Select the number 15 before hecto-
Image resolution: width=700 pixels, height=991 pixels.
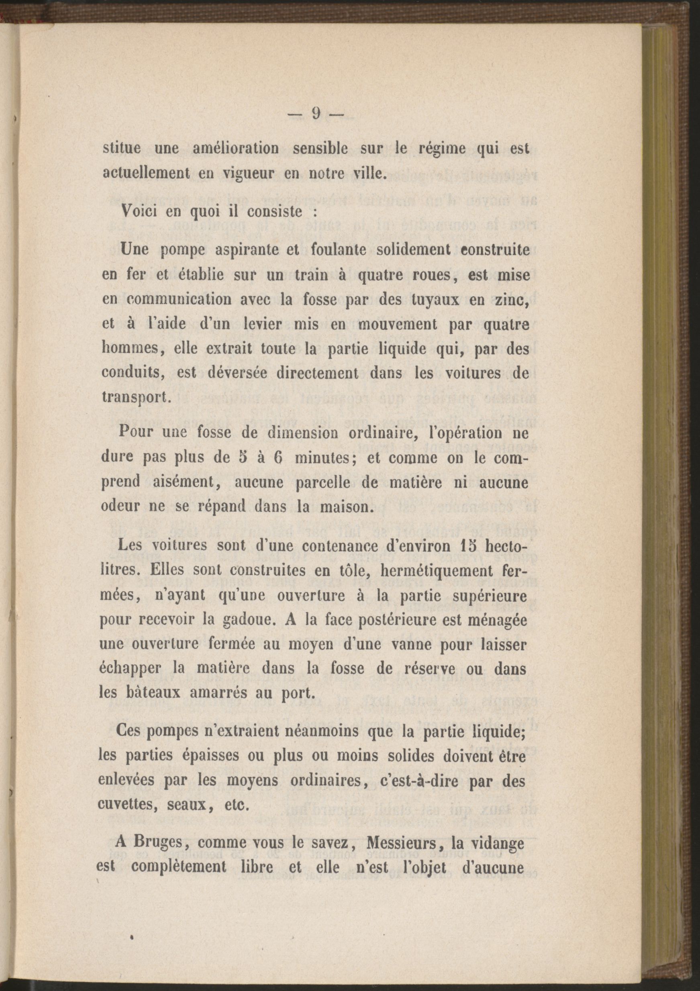(x=452, y=545)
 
